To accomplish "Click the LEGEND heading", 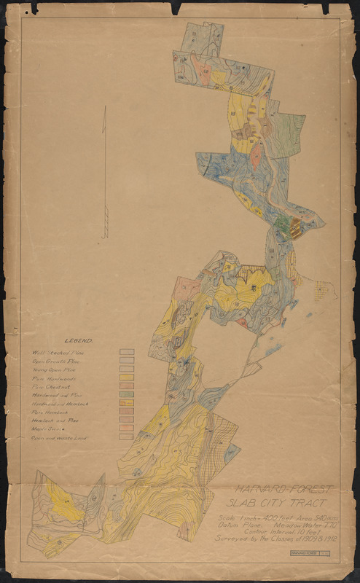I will [x=77, y=341].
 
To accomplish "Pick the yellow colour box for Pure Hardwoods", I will [x=126, y=378].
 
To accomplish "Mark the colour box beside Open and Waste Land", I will [x=126, y=437].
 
